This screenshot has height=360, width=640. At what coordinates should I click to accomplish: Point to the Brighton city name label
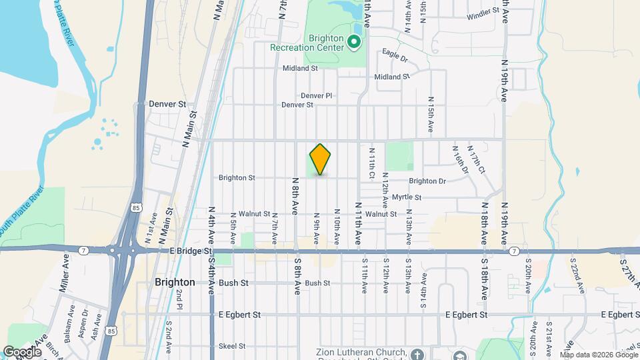175,282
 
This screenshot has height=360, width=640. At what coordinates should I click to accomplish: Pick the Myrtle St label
407,197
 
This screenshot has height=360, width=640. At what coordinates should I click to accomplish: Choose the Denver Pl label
316,96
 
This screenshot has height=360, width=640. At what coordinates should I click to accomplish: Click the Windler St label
483,14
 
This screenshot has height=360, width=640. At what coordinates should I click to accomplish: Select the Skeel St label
232,346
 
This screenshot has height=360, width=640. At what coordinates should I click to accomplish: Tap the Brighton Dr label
427,181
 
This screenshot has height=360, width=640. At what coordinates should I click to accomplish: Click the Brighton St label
237,178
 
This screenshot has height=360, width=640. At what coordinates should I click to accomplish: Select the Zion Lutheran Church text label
362,352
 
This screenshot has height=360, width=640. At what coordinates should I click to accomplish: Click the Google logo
22,351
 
